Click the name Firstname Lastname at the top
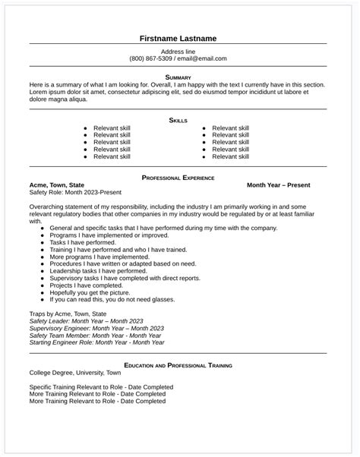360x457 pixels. click(x=179, y=38)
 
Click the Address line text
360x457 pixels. click(x=179, y=50)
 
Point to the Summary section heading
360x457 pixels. click(x=179, y=77)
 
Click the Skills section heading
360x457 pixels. click(x=179, y=120)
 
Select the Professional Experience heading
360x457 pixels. click(x=179, y=177)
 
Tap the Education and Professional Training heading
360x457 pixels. click(x=179, y=365)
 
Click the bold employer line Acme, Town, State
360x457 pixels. click(x=57, y=185)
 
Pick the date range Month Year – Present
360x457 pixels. click(x=287, y=185)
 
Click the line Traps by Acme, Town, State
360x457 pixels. click(x=68, y=313)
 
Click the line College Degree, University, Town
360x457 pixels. click(x=75, y=373)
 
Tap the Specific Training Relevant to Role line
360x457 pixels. click(x=100, y=387)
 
